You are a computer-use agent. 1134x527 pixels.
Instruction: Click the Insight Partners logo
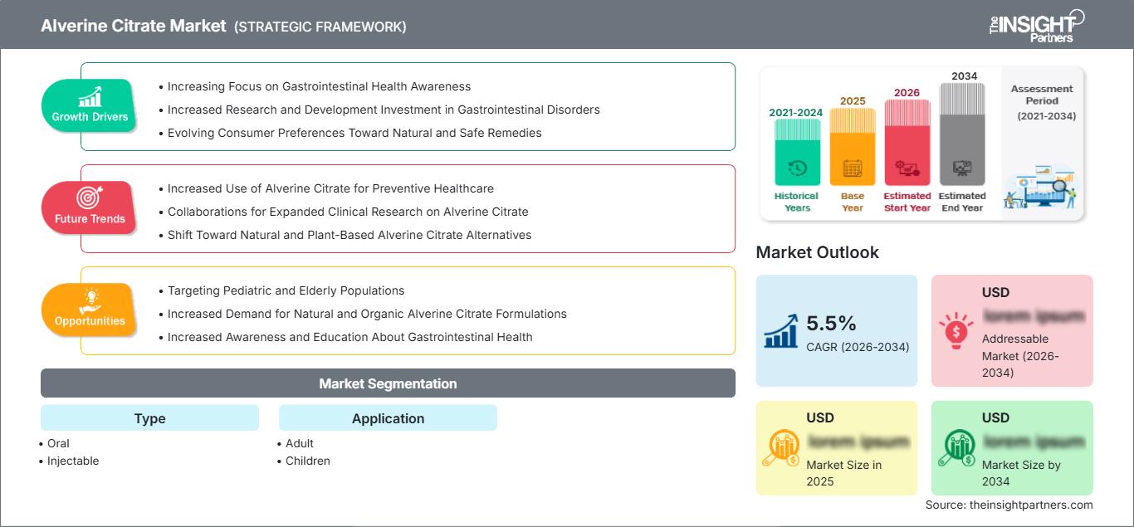(x=1038, y=25)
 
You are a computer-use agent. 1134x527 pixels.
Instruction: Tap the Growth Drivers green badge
(x=90, y=105)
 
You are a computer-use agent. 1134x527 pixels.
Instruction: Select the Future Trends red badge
(x=90, y=207)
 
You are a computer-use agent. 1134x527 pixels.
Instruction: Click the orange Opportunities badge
(x=90, y=310)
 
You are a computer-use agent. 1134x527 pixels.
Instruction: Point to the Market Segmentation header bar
(x=388, y=383)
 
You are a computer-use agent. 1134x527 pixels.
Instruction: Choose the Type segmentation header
(x=149, y=418)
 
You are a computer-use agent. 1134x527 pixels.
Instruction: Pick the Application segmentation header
(x=388, y=418)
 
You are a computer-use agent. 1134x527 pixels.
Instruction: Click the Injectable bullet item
(x=73, y=461)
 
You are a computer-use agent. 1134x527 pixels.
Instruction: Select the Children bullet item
(x=307, y=461)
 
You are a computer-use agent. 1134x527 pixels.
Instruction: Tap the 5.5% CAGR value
(x=831, y=324)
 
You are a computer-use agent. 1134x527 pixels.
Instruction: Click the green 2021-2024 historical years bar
(x=797, y=152)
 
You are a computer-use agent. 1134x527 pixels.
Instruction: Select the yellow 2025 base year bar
(x=852, y=147)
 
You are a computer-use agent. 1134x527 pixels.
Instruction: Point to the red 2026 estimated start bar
(x=907, y=142)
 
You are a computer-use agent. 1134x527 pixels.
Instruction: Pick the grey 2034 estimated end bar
(x=962, y=134)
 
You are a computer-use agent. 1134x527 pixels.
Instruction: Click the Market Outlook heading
(x=817, y=252)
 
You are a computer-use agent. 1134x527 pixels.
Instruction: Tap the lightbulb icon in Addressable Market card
(x=956, y=330)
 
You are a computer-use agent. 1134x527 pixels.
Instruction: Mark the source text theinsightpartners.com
(x=1009, y=505)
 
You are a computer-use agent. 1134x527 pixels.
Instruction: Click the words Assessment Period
(x=1042, y=95)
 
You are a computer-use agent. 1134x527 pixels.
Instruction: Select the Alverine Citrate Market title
(x=133, y=26)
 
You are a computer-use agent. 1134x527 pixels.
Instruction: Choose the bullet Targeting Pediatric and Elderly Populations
(x=286, y=290)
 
